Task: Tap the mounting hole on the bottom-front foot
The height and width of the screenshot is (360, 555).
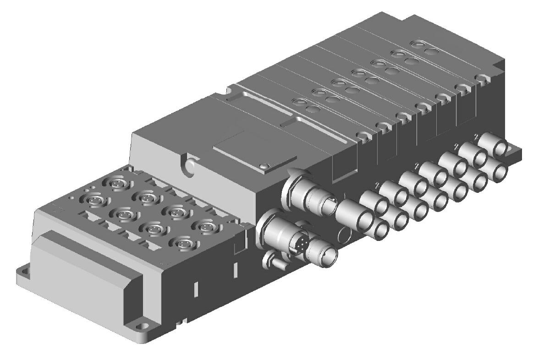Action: click(x=145, y=327)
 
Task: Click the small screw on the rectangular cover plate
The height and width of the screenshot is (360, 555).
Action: click(x=264, y=165)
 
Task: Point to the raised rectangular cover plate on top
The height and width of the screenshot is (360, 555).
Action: click(x=252, y=150)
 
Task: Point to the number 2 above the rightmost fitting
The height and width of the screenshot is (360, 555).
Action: click(x=477, y=136)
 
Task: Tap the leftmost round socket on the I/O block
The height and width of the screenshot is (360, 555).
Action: click(x=89, y=200)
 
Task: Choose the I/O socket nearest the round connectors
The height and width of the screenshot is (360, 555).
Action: click(x=201, y=225)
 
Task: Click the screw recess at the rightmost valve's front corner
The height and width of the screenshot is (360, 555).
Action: click(x=481, y=78)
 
